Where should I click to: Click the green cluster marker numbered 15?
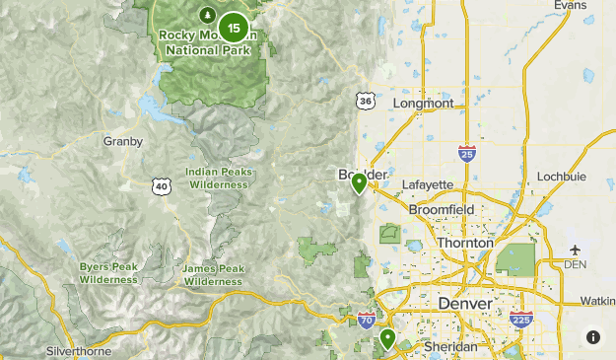[x=234, y=27]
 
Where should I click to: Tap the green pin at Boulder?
[x=360, y=182]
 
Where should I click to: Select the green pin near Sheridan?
[x=388, y=339]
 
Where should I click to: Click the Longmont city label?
[x=423, y=104]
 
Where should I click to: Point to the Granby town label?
[x=123, y=141]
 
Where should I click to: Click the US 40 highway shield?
[x=162, y=185]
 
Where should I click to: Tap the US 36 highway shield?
[x=366, y=101]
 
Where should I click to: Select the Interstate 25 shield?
[x=467, y=153]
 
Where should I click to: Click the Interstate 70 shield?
[x=366, y=320]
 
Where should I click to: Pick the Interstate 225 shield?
[x=522, y=319]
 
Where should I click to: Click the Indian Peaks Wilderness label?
[x=220, y=178]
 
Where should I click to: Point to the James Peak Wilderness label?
[x=213, y=275]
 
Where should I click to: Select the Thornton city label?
[x=464, y=243]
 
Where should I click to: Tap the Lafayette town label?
[x=428, y=184]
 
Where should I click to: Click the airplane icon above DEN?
[x=575, y=251]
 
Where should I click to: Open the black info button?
[x=593, y=337]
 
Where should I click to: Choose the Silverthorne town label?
[x=81, y=351]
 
